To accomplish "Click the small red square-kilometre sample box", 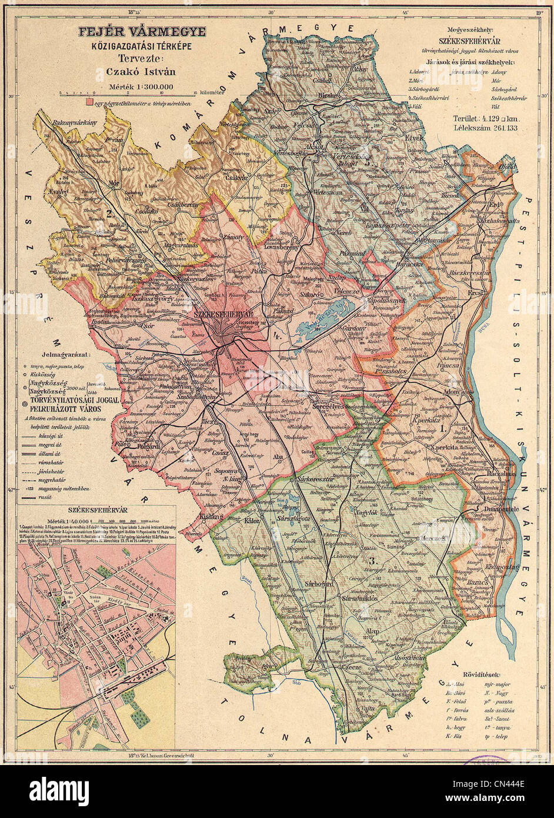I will pos(89,102).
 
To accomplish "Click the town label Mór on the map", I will pos(116,182).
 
